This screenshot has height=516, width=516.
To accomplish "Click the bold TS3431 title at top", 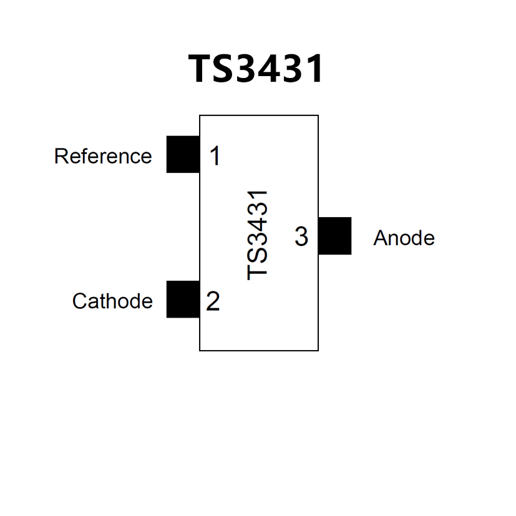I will [256, 69].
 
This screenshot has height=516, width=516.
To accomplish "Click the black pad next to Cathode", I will [183, 299].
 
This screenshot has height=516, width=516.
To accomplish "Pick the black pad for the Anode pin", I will [334, 236].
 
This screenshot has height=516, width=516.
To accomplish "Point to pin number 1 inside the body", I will [215, 156].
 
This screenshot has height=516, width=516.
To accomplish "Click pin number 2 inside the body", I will [213, 302].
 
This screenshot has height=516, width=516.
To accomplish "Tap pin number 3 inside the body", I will [301, 237].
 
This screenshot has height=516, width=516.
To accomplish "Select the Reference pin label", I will [103, 156].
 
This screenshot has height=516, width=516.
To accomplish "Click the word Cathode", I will [112, 301].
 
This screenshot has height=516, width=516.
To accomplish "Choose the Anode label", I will [404, 238].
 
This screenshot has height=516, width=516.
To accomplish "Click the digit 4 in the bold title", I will [272, 69].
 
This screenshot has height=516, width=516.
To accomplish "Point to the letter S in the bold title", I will [226, 69].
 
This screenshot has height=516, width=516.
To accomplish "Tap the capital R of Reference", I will [61, 156].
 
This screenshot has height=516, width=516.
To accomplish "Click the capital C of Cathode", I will [79, 301].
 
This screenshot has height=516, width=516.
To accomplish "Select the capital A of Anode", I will [380, 238].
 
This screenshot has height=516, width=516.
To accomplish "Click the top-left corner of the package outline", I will [200, 115].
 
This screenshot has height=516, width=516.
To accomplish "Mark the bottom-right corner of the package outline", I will [318, 351].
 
